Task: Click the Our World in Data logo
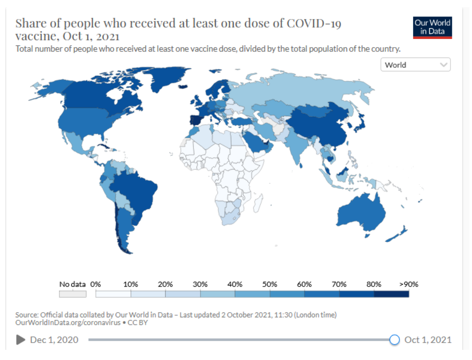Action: point(432,27)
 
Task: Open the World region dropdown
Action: point(415,65)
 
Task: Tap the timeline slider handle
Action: point(394,340)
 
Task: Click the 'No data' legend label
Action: point(72,284)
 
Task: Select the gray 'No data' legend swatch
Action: point(73,294)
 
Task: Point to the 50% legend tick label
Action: point(269,284)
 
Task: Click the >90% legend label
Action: point(409,284)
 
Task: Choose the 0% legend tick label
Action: point(95,284)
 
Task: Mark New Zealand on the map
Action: point(397,234)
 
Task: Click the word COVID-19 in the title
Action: point(314,24)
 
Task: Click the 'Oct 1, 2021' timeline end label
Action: point(428,340)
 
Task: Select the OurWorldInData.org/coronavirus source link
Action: point(67,323)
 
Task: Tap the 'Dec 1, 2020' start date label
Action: point(54,340)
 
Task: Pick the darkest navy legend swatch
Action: point(391,294)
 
